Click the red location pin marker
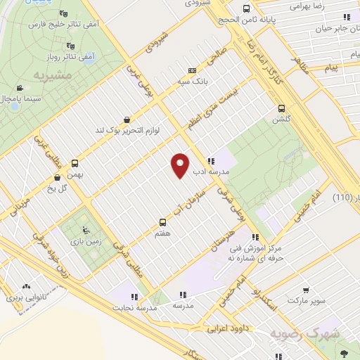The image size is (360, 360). coord(180,165)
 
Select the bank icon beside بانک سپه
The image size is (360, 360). coord(192,70)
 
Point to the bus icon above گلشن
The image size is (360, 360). coord(281,109)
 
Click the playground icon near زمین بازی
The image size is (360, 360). coord(86,230)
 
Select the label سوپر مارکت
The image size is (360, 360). coord(305,300)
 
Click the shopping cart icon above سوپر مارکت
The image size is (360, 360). coord(306,290)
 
